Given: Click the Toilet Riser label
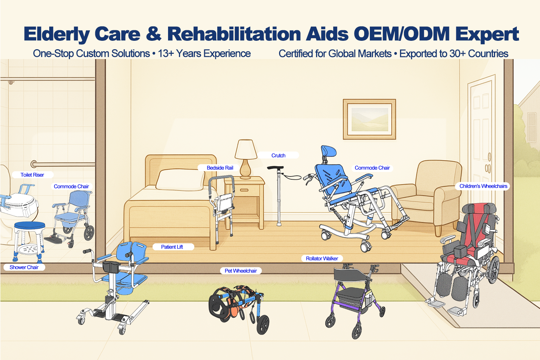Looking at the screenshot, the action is [x=32, y=175].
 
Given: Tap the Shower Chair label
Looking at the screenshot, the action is [x=24, y=267].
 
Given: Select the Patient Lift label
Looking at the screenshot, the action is [x=172, y=247].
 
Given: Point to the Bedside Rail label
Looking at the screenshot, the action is [x=220, y=168].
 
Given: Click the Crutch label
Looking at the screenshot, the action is [x=278, y=155].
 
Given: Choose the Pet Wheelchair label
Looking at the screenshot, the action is [x=240, y=271].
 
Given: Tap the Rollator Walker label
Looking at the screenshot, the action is [x=322, y=258].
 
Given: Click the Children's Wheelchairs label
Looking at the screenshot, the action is [x=483, y=186].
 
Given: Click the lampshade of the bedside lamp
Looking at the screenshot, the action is [x=246, y=149].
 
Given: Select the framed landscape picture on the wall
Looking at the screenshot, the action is [x=369, y=119].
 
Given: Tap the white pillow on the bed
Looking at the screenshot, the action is [x=180, y=180].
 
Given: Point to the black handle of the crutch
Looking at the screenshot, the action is [x=275, y=168].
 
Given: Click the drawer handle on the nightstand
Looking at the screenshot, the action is [x=244, y=190].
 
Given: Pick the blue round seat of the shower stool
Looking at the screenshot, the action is [x=30, y=226].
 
